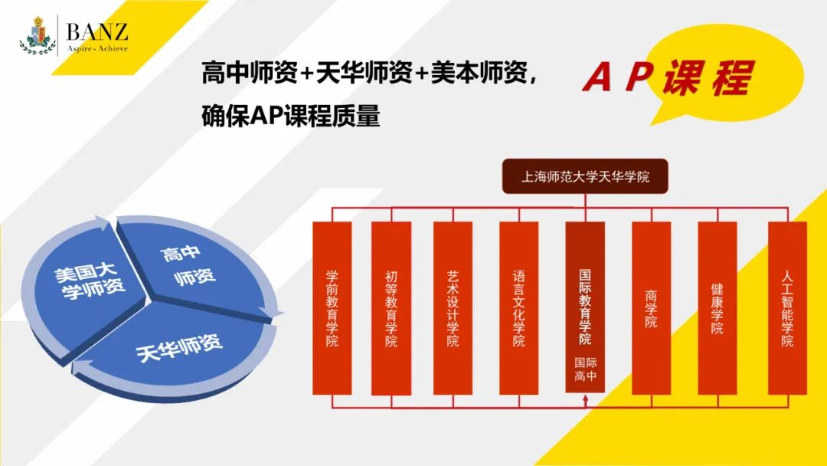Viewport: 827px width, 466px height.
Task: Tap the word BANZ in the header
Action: [96, 31]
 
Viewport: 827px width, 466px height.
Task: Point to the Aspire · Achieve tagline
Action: [96, 48]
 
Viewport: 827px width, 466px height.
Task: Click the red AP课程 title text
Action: [667, 78]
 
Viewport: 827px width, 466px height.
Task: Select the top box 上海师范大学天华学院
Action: [585, 176]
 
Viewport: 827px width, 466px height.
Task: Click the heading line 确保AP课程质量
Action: [290, 117]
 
